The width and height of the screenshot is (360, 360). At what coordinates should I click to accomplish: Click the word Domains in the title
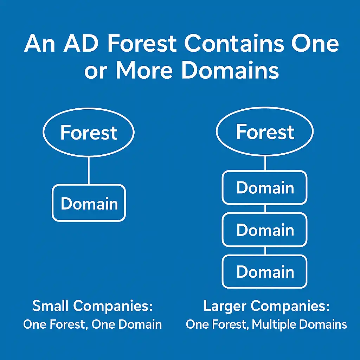point(230,70)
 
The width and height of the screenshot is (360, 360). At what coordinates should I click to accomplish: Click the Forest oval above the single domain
point(89,132)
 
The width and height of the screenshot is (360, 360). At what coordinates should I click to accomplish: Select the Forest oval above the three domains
point(265,132)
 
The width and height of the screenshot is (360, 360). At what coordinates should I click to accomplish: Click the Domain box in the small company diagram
point(89,204)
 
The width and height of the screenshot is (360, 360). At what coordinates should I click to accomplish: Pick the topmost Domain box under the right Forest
point(265,188)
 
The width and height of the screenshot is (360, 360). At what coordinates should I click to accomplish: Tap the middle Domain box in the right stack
point(265,230)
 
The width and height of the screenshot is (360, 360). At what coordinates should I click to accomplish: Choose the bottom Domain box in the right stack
point(265,272)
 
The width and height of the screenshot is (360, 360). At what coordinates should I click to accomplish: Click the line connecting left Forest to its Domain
point(89,170)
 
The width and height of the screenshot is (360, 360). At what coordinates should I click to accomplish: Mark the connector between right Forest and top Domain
point(265,163)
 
